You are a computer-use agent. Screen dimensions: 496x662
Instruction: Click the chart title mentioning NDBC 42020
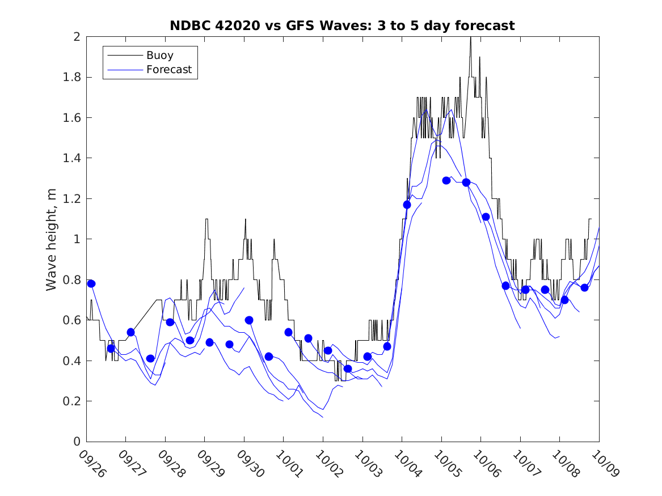tap(342, 26)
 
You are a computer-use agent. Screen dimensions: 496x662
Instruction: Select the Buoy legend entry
tap(159, 56)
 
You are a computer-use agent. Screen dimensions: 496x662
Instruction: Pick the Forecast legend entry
tap(168, 70)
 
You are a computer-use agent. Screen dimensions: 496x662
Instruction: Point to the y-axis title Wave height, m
tap(52, 239)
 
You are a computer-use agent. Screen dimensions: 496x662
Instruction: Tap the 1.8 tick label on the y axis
tap(72, 77)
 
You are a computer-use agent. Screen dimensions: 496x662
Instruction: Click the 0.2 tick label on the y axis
tap(72, 401)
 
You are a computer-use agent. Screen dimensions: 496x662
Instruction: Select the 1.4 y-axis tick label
tap(72, 158)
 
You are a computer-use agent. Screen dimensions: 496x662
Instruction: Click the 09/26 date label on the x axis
tap(91, 463)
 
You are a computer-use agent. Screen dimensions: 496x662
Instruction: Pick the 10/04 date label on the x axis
tap(407, 463)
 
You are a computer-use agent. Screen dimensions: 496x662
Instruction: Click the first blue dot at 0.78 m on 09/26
tap(91, 283)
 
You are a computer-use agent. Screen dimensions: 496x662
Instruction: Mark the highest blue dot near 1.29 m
tap(446, 180)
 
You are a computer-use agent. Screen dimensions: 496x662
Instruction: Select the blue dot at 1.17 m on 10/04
tap(407, 205)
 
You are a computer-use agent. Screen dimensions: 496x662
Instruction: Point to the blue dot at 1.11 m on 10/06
tap(486, 217)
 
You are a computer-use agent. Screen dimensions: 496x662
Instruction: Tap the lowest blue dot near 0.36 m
tap(348, 368)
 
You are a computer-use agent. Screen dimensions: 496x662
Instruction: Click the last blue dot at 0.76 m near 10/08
tap(584, 287)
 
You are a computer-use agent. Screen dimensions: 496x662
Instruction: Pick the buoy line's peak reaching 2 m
tap(470, 37)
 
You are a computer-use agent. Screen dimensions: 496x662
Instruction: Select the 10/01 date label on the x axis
tap(289, 463)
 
